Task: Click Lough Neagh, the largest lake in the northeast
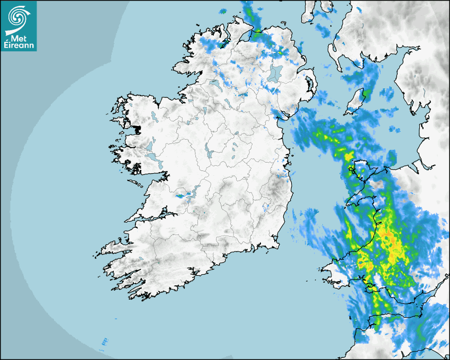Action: pyautogui.click(x=274, y=73)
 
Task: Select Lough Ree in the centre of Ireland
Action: pyautogui.click(x=210, y=154)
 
